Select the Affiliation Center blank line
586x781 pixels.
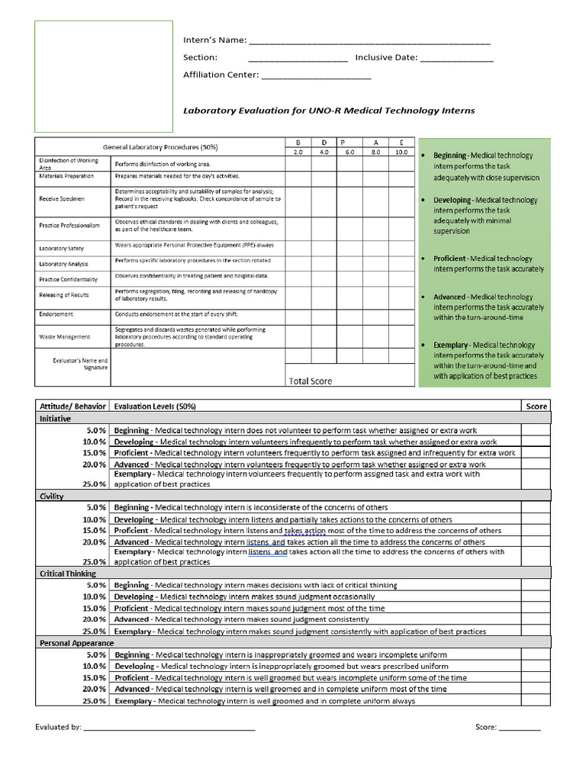[316, 76]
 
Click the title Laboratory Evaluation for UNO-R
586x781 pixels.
[328, 111]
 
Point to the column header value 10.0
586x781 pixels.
[400, 153]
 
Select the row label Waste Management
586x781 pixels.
[65, 336]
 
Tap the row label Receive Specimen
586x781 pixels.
[63, 198]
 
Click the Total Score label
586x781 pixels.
[311, 381]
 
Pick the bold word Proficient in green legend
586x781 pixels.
[449, 259]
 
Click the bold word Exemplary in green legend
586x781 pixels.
[452, 345]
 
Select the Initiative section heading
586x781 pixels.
[55, 419]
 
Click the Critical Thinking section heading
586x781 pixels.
[68, 573]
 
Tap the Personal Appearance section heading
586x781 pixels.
[76, 643]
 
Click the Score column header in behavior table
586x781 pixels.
[536, 407]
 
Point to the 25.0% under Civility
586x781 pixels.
[94, 562]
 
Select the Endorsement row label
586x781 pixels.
[56, 314]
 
